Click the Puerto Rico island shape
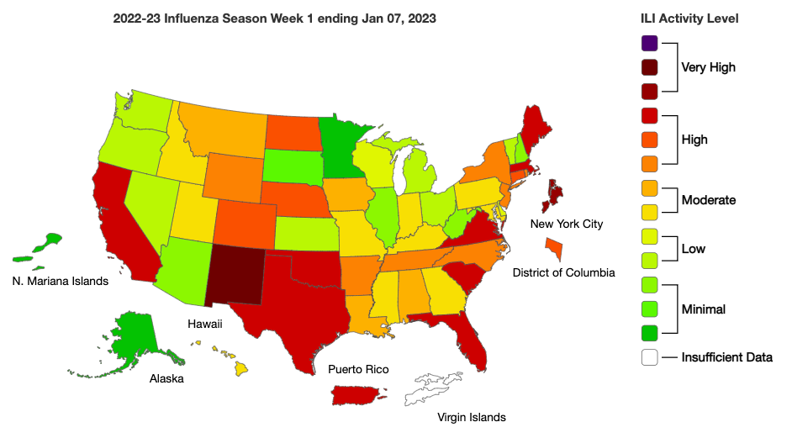tap(357, 394)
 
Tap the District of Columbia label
tap(564, 272)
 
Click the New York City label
tap(567, 224)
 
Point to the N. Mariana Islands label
tap(61, 281)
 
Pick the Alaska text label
tap(166, 378)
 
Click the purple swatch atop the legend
tap(649, 43)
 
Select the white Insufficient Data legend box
tap(649, 357)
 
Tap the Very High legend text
tap(709, 67)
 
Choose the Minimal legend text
tap(703, 309)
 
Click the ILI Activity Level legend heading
tap(689, 18)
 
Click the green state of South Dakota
tap(291, 167)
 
